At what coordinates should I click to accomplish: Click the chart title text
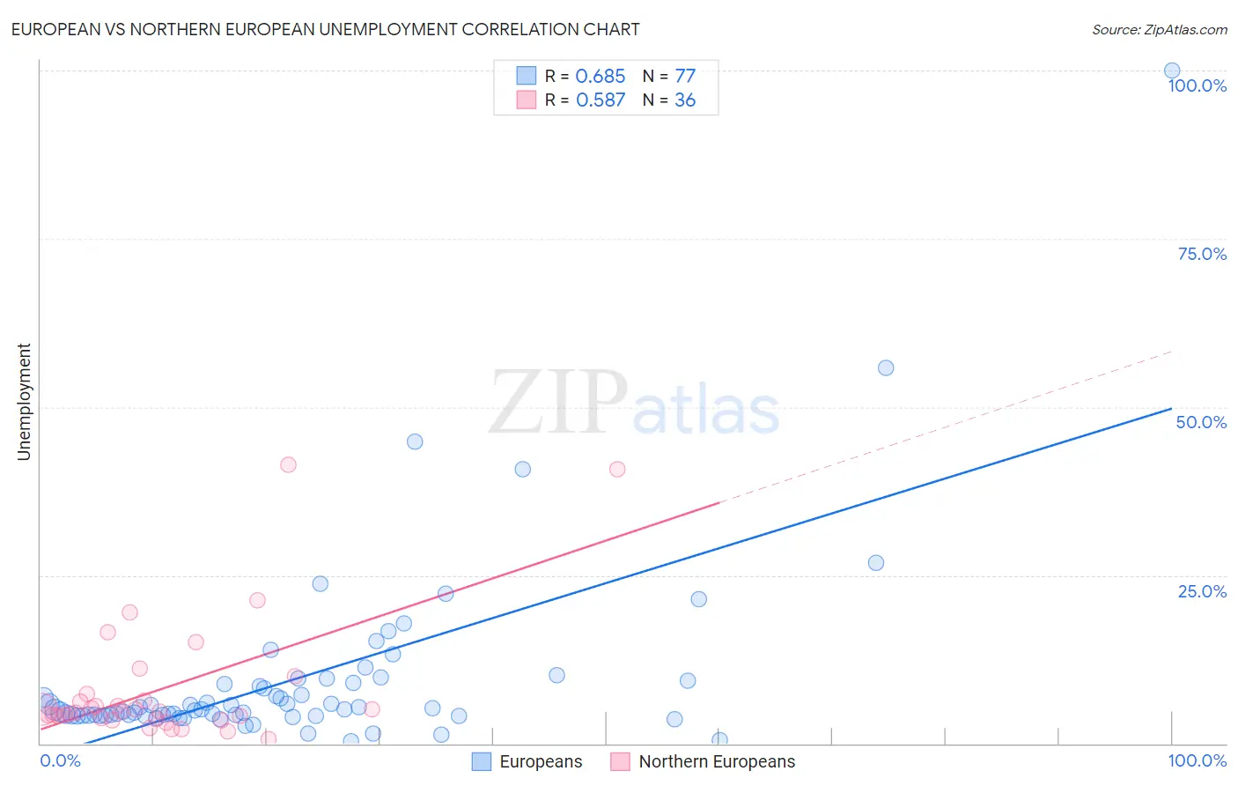click(325, 29)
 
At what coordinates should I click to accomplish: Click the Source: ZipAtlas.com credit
click(1159, 29)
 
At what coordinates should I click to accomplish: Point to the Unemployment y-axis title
click(24, 402)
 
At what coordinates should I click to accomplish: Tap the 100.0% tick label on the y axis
click(1197, 85)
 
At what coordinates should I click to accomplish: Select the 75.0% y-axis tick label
click(1202, 254)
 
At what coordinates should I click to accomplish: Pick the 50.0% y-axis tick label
click(1201, 422)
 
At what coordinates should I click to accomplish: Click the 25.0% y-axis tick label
click(1202, 590)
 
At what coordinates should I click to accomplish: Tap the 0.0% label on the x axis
click(60, 760)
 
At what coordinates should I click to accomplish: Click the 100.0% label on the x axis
click(1197, 760)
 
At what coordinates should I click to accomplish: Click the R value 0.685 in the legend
click(600, 77)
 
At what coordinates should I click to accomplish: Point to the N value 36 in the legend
click(685, 100)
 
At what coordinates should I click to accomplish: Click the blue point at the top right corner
click(1172, 70)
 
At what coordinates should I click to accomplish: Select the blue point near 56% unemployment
click(886, 367)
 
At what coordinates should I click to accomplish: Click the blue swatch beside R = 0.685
click(527, 76)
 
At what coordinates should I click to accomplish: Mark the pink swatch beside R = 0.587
click(527, 100)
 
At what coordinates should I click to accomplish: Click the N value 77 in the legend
click(685, 77)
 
